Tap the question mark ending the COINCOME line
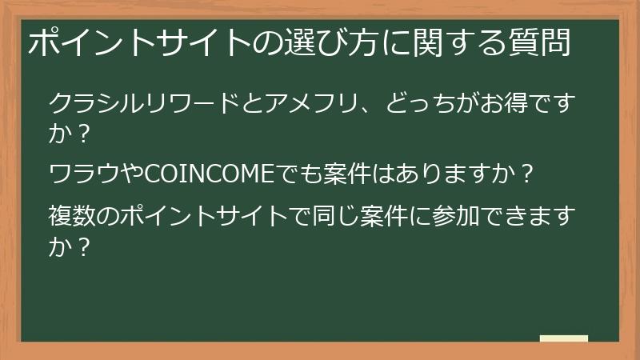coord(526,174)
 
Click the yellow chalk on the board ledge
coord(563,338)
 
